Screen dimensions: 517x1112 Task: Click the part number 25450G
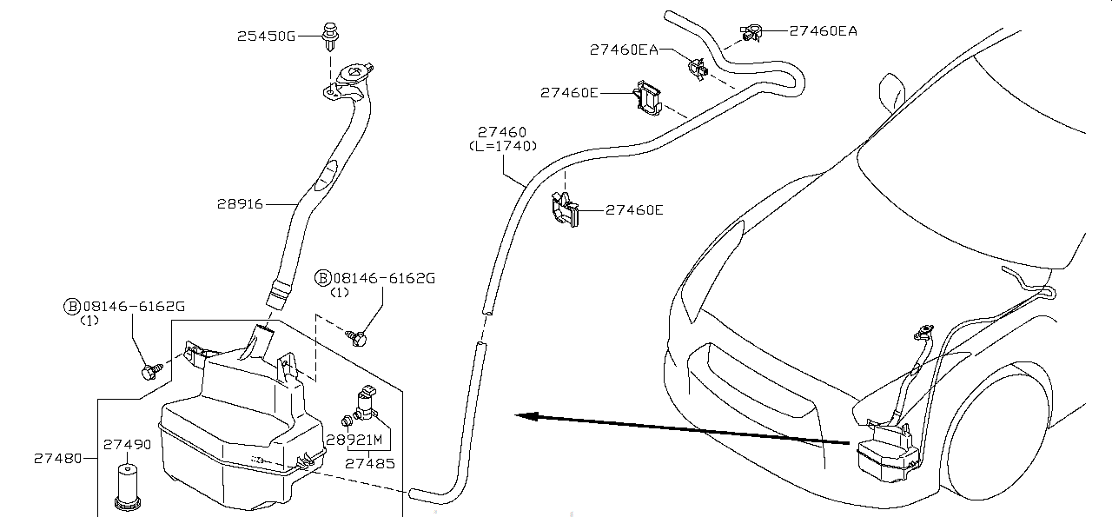click(x=266, y=36)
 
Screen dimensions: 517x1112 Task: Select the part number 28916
click(x=241, y=204)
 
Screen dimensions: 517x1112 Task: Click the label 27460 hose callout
click(x=501, y=133)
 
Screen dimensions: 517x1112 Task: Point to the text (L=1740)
click(x=502, y=146)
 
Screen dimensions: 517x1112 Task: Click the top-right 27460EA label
click(x=823, y=30)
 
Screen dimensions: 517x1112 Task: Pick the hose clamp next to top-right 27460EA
click(x=751, y=33)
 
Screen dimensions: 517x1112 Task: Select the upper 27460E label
click(x=569, y=92)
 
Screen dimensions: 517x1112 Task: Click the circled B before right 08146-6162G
click(x=323, y=278)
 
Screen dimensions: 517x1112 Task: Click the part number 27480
click(x=58, y=458)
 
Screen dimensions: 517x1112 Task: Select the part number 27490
click(x=128, y=444)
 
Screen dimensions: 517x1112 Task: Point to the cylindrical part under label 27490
click(x=128, y=484)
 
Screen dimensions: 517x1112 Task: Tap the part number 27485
click(x=370, y=463)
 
